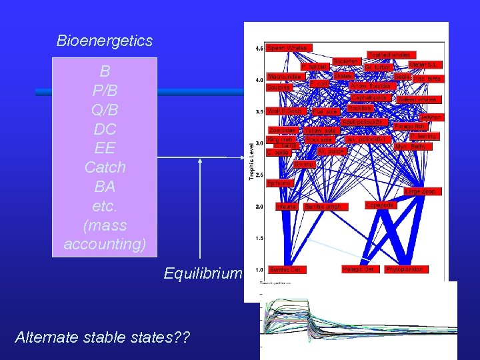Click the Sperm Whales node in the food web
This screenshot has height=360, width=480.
tap(287, 48)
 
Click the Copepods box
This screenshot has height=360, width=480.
tap(381, 205)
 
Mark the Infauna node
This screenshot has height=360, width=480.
tap(287, 207)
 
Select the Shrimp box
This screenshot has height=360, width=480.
tap(305, 164)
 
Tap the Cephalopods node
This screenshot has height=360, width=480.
tap(371, 97)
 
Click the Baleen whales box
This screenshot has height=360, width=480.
tap(416, 99)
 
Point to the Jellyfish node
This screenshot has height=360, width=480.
tap(431, 117)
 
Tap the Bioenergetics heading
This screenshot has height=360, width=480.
tap(105, 41)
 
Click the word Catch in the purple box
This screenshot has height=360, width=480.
tap(105, 167)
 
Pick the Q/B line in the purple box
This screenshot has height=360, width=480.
tap(105, 108)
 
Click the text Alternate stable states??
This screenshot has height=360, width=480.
tap(102, 338)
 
